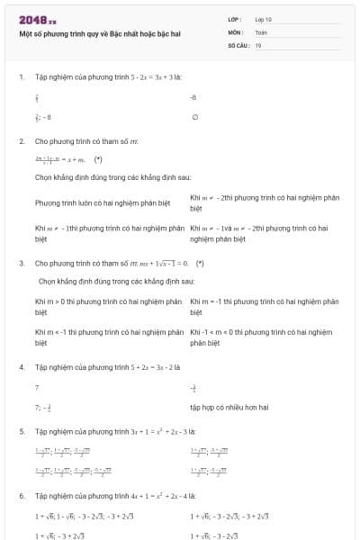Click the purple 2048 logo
(37, 19)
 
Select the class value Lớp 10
(264, 18)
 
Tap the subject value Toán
(261, 31)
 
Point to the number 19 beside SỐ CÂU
(258, 44)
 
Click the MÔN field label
(236, 31)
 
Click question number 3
(22, 263)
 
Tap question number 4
(22, 367)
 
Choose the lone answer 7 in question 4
(37, 387)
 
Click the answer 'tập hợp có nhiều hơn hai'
(229, 407)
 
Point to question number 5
(22, 431)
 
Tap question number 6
(22, 495)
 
